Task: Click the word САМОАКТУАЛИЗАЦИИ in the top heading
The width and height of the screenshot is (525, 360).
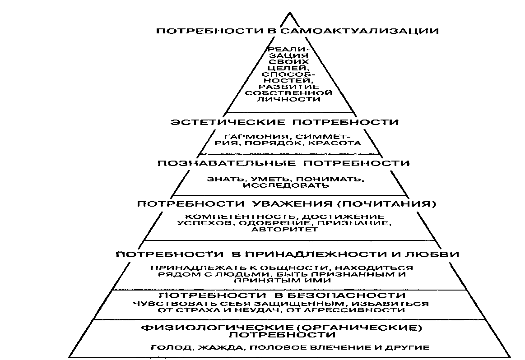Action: [x=359, y=32]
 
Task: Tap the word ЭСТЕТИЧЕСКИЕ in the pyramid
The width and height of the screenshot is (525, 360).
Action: [x=228, y=122]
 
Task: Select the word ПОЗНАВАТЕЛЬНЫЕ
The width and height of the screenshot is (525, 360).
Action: [x=227, y=163]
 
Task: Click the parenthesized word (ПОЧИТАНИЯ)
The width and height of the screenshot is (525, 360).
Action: [x=383, y=204]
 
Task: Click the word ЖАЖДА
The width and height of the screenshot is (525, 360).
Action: [x=219, y=348]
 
